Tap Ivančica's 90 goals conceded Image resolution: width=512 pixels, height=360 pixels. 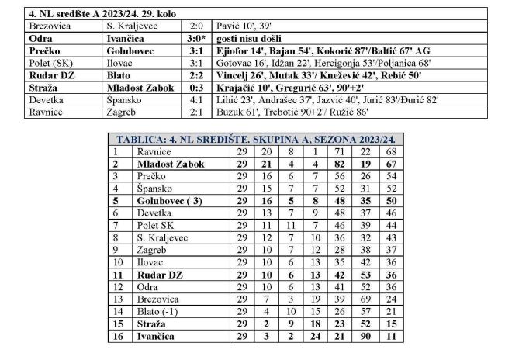(x=365, y=337)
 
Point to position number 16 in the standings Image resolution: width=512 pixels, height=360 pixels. (x=116, y=337)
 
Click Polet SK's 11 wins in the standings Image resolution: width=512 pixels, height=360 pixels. (x=268, y=226)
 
